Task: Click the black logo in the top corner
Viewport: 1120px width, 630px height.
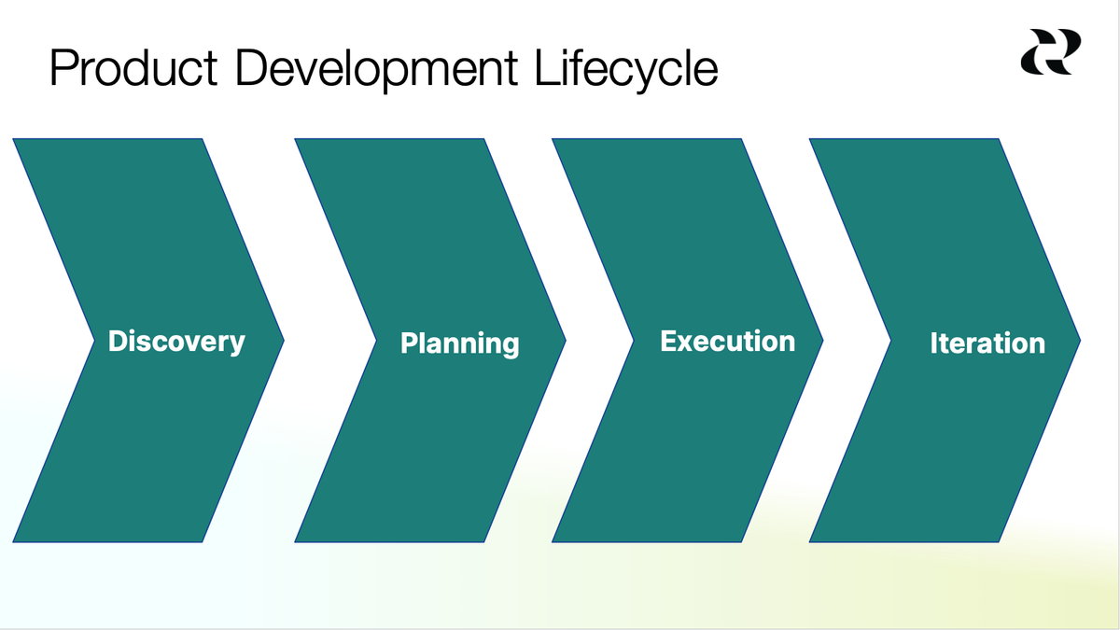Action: [1050, 51]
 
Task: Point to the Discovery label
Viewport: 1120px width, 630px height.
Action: [176, 342]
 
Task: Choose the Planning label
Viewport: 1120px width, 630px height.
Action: [459, 343]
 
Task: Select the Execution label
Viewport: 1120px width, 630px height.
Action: [727, 341]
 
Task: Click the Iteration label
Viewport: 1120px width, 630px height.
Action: [987, 343]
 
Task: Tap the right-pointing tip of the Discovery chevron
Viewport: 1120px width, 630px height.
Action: [282, 341]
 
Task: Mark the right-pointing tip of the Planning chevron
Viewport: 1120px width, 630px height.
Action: [564, 341]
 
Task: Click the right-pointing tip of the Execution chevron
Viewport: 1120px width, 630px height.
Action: [821, 341]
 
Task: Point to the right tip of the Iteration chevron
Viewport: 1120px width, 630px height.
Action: [1079, 341]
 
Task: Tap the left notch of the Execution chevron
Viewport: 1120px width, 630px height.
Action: [634, 341]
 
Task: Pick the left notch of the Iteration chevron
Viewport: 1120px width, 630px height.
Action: [891, 341]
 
